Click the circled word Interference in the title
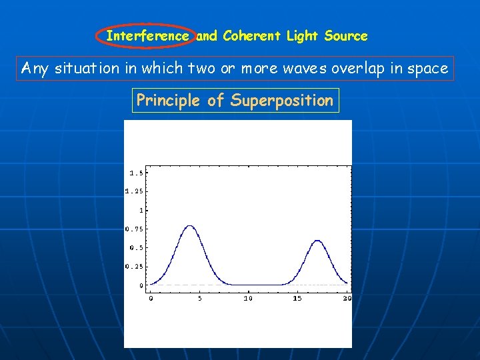coord(147,36)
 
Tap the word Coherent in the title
coord(253,36)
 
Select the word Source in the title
coord(345,36)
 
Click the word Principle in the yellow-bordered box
coord(169,101)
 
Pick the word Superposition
coord(281,101)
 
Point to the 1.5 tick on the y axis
coord(135,173)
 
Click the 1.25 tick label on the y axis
coord(133,191)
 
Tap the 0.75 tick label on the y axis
coord(133,229)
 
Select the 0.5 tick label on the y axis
coord(135,247)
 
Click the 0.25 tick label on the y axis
coord(133,266)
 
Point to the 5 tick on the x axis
coord(199,298)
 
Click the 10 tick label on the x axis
coord(248,298)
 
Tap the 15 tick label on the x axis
coord(297,298)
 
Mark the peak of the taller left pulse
coord(190,225)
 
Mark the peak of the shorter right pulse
coord(318,240)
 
